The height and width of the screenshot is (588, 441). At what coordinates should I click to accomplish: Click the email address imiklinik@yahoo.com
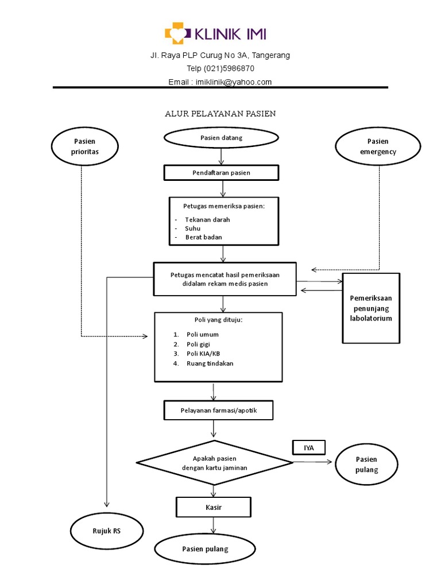click(234, 82)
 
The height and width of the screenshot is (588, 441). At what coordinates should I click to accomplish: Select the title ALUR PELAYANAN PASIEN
click(220, 114)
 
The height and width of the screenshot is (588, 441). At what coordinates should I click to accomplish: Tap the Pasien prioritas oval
click(86, 146)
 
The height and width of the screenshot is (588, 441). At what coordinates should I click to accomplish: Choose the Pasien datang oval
click(221, 138)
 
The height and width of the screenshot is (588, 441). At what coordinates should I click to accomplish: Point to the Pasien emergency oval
click(378, 146)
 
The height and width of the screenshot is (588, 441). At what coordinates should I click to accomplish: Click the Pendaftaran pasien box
click(221, 172)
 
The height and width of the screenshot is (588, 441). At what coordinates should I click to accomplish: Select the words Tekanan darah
click(207, 219)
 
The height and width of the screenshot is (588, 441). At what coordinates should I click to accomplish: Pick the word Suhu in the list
click(193, 228)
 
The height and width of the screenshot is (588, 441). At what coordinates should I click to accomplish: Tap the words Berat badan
click(203, 237)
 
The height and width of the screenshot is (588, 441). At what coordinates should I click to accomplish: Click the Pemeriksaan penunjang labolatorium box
click(371, 308)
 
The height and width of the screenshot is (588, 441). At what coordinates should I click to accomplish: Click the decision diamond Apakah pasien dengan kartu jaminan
click(214, 463)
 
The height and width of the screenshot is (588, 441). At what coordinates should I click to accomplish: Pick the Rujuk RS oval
click(107, 531)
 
